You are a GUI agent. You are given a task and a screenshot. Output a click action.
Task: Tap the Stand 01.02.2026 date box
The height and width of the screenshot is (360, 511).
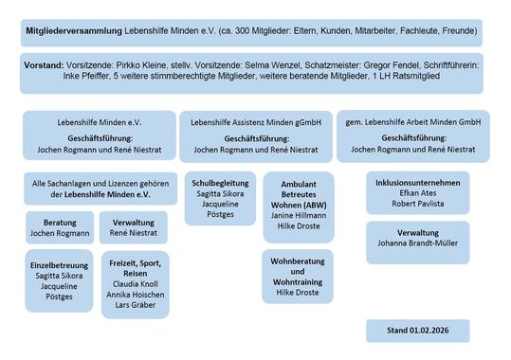click(x=417, y=331)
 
